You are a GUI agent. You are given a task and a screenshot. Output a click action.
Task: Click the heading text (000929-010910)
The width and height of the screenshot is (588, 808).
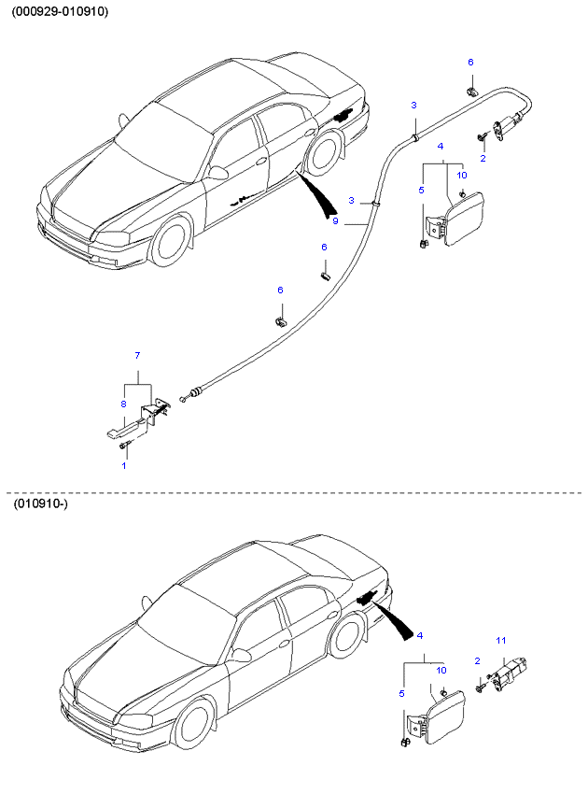click(x=60, y=12)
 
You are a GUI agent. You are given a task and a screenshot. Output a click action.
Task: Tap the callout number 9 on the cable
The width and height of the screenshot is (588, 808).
click(x=335, y=221)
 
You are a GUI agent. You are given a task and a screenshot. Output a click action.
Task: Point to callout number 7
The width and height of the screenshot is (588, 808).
click(x=137, y=356)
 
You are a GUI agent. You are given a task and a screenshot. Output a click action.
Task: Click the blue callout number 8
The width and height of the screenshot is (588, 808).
click(x=123, y=404)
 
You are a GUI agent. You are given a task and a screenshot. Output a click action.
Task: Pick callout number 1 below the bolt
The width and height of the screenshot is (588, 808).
click(x=123, y=464)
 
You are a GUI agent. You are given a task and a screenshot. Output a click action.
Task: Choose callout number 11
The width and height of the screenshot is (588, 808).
click(x=500, y=640)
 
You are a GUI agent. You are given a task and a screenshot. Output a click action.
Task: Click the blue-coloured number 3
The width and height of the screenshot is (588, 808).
click(x=351, y=200)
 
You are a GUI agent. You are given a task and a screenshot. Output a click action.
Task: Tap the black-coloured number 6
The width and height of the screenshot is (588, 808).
click(x=324, y=248)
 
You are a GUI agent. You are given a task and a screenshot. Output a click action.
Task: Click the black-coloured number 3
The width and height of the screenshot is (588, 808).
click(x=413, y=104)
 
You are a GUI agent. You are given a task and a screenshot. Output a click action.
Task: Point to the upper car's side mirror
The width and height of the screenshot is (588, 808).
click(x=218, y=173)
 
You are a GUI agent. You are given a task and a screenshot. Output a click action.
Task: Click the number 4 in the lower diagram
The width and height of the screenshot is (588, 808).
click(x=420, y=635)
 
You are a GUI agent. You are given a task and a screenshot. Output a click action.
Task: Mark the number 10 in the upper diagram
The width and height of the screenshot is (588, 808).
click(x=461, y=175)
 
